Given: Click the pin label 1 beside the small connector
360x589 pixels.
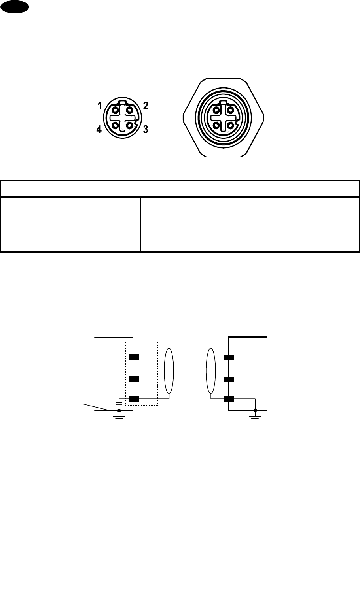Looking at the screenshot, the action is pos(100,106).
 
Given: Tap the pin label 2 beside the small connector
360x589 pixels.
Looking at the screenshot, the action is pos(146,106).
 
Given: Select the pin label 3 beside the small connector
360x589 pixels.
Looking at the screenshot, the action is pos(146,129).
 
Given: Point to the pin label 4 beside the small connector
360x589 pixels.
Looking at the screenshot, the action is pos(99,130).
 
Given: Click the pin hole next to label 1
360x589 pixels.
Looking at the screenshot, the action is pos(115,111).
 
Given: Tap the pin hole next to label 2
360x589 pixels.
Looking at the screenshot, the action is pos(129,111).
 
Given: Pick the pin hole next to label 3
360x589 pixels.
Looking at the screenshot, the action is pos(129,126).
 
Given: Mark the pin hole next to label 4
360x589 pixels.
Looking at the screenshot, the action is pos(115,126).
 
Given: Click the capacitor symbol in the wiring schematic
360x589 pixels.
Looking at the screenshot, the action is pos(119,404).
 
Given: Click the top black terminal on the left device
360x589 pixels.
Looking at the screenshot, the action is pos(134,357).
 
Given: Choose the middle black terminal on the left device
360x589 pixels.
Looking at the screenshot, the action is pos(134,379).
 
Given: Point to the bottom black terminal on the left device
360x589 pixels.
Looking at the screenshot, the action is pos(134,399).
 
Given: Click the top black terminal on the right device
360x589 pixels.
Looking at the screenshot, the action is pos(229,357).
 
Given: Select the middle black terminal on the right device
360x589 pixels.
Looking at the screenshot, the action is pos(229,379).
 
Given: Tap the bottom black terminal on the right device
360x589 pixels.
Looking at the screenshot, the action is pos(229,399).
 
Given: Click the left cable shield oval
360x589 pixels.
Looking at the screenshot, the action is pos(169,371).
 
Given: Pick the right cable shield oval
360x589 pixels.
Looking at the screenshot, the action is pos(211,371).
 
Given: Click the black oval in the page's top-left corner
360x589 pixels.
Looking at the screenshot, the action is pos(15,7).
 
